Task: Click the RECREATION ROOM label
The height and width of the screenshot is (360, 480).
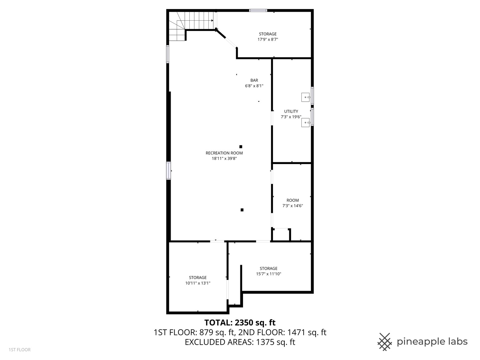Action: coord(224,153)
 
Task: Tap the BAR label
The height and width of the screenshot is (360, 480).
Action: coord(254,80)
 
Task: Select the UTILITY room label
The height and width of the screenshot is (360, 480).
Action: coord(291,111)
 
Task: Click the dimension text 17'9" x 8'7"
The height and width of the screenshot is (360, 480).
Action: coord(268,39)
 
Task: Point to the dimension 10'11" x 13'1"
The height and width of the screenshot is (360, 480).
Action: coord(198,283)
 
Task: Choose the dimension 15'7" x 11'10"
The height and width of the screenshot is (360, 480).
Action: coord(268,274)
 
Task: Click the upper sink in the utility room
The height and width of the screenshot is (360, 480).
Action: coord(305,97)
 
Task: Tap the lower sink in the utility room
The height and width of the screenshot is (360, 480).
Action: coord(305,123)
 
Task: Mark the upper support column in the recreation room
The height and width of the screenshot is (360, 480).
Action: coord(241,147)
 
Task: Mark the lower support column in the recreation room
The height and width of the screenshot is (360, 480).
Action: coord(242,210)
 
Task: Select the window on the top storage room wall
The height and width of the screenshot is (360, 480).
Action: coord(258,10)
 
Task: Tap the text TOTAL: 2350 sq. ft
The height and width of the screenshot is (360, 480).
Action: coord(240,322)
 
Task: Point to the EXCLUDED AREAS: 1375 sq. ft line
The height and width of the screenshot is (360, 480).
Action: coord(240,342)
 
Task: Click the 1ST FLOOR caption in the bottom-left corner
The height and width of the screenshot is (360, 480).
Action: coord(20,350)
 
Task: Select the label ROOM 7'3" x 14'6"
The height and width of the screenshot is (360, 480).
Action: coord(292,203)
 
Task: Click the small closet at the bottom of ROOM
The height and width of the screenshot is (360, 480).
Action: coord(281,235)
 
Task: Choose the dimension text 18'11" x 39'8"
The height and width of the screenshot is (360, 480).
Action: coord(224,159)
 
